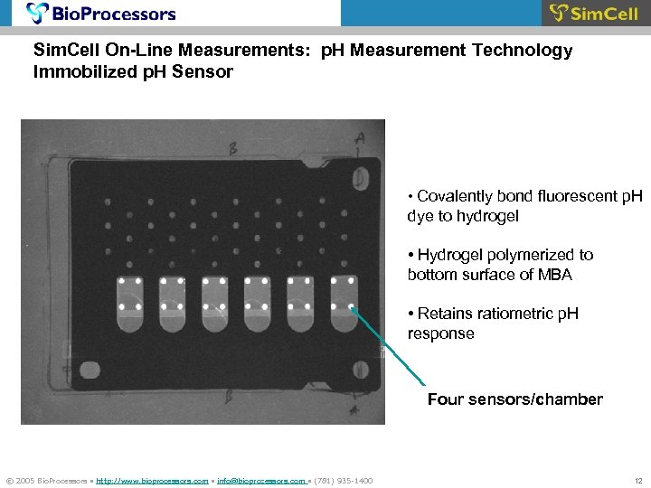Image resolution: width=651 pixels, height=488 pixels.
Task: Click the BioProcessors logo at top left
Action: click(x=101, y=14)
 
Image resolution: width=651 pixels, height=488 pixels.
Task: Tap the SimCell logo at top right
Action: click(x=594, y=14)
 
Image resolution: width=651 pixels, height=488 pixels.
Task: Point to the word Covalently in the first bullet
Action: click(x=456, y=197)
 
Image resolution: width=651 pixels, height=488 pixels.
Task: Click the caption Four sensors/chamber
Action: click(x=514, y=399)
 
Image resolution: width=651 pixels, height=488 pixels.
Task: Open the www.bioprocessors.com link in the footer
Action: click(x=152, y=480)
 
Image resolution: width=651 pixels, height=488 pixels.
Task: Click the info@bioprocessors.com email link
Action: click(x=261, y=480)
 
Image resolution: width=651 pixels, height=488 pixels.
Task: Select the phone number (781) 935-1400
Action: click(x=343, y=480)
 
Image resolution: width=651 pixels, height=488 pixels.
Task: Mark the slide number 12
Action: click(x=637, y=480)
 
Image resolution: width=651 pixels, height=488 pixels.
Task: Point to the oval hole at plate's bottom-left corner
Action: click(x=90, y=370)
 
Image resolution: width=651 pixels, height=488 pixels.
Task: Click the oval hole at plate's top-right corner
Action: click(x=361, y=180)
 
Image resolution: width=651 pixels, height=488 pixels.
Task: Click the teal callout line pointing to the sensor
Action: click(x=389, y=348)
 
